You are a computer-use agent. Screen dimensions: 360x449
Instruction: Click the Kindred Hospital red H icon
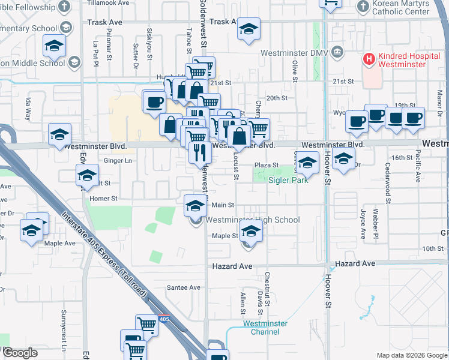tap(369, 59)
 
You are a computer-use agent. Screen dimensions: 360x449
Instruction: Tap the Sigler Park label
tap(288, 180)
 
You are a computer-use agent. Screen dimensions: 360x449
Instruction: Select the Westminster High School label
tap(253, 220)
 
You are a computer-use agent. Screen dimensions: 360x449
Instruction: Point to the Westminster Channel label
tap(265, 328)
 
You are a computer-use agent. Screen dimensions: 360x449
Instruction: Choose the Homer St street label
tap(103, 197)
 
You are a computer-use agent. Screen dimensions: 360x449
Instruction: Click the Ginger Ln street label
tap(118, 161)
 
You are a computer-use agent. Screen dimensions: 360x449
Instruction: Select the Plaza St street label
tap(267, 165)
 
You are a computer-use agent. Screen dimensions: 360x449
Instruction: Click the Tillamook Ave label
tap(108, 3)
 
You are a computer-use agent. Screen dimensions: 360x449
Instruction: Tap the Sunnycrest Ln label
tap(63, 329)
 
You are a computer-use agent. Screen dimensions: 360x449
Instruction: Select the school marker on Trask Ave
tap(249, 29)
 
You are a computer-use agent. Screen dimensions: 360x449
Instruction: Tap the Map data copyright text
tap(412, 355)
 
